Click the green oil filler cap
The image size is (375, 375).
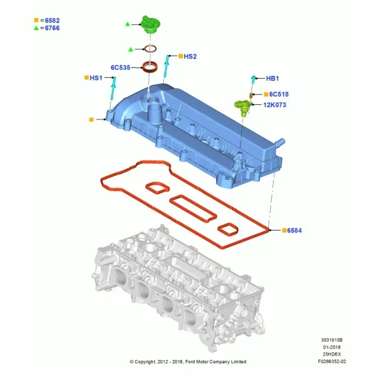[x=151, y=24]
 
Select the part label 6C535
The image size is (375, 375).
[x=120, y=67]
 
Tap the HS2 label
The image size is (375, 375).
[x=190, y=56]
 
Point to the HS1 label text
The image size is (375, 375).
[x=96, y=78]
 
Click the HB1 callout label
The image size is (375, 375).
[x=272, y=79]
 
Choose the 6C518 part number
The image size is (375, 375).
[x=279, y=94]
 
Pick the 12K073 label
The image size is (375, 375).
[x=274, y=105]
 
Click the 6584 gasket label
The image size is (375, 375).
[x=294, y=231]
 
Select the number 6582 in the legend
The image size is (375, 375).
[x=52, y=21]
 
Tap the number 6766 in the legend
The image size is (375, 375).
[x=52, y=28]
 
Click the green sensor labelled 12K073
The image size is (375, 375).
[x=242, y=107]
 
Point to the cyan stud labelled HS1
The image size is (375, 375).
[x=113, y=89]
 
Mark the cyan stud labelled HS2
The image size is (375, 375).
[x=167, y=66]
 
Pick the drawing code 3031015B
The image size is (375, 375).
[x=332, y=340]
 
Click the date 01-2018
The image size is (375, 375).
[x=332, y=347]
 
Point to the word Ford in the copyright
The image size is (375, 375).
[x=190, y=362]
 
